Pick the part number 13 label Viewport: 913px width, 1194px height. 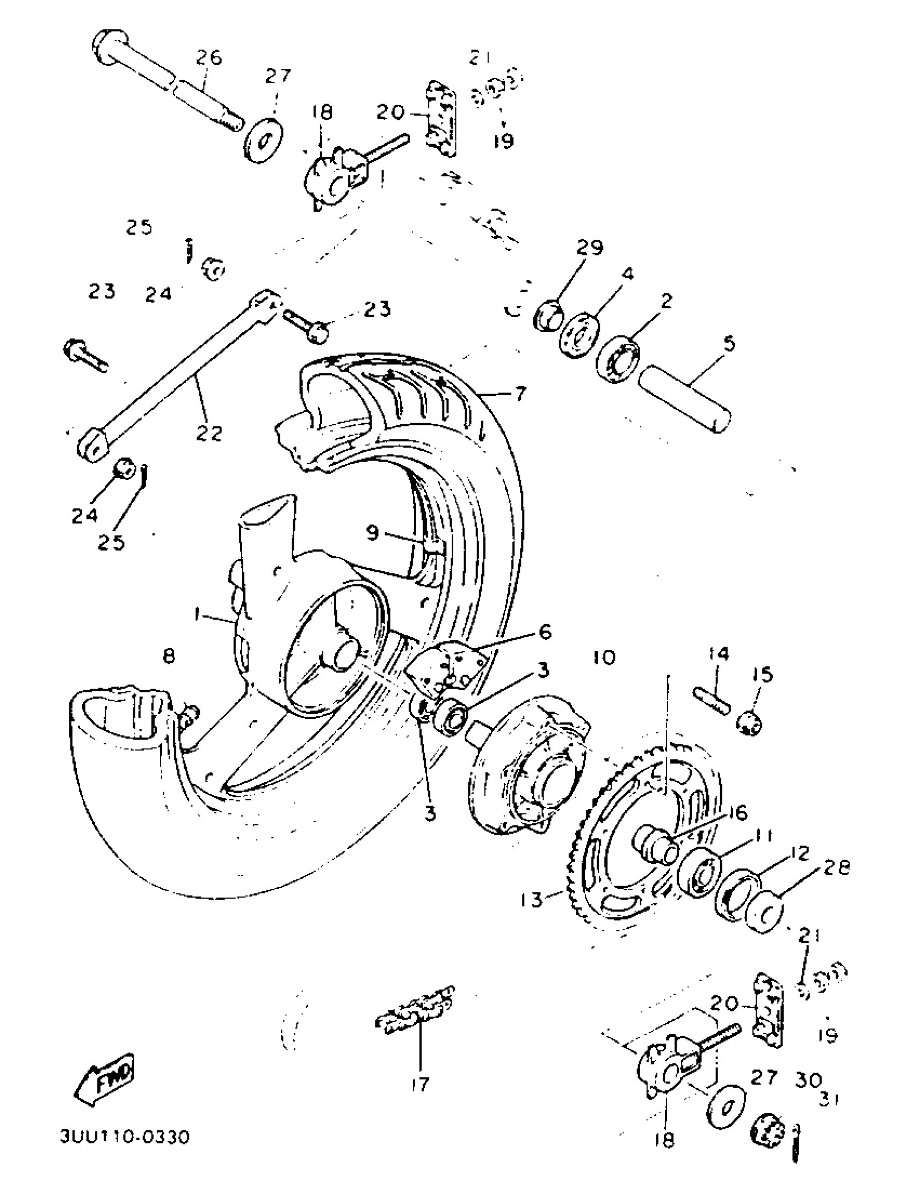tap(531, 900)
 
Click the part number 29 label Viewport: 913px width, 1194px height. tap(589, 248)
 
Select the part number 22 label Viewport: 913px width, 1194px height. tap(211, 433)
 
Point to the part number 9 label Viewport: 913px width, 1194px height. tap(372, 533)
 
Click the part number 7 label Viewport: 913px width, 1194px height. tap(520, 393)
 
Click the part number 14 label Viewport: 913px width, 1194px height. tap(718, 654)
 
